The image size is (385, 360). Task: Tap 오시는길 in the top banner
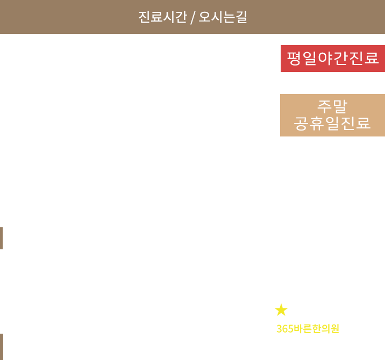pos(223,17)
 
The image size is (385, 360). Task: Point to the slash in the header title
pos(192,17)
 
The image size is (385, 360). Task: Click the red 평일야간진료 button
pos(332,58)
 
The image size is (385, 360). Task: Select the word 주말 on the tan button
pos(332,106)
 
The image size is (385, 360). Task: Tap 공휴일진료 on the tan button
pos(332,124)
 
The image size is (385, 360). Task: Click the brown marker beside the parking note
pos(2,238)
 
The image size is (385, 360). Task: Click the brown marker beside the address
pos(2,345)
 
